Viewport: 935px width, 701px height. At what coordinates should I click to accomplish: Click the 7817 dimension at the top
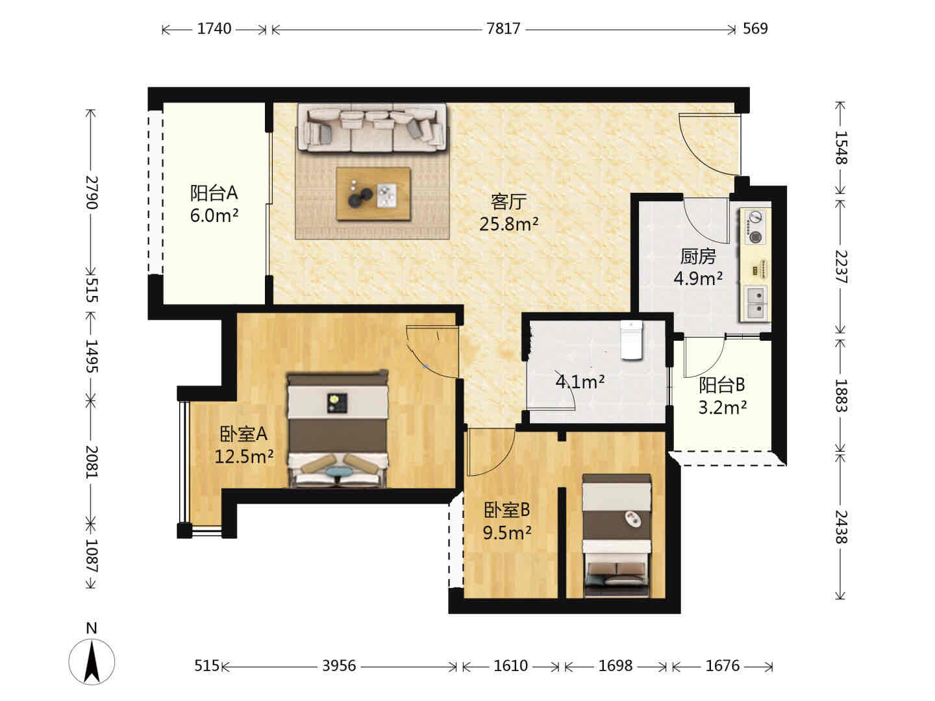click(x=503, y=29)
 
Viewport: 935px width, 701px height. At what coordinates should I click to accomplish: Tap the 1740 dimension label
click(x=214, y=29)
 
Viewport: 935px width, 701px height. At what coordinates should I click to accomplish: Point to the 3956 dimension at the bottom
click(x=339, y=666)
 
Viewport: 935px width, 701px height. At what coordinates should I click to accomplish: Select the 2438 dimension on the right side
click(x=841, y=527)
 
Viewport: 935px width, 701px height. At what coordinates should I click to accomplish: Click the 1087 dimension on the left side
click(x=91, y=556)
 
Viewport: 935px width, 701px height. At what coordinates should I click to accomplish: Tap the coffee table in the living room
click(x=373, y=193)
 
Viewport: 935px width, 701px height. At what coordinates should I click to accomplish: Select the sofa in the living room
click(x=372, y=127)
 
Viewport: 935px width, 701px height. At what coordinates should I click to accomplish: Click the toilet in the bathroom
click(x=631, y=340)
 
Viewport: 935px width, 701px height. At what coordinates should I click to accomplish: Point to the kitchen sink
click(x=756, y=302)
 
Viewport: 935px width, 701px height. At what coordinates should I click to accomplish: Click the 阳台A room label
click(x=214, y=193)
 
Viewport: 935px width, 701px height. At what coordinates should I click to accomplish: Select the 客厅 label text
click(x=508, y=201)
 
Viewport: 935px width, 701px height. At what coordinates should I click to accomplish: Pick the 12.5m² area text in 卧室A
click(x=243, y=457)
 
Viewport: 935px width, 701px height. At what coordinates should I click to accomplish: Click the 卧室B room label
click(x=506, y=510)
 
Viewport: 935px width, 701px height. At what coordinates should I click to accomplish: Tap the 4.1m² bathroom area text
click(x=580, y=382)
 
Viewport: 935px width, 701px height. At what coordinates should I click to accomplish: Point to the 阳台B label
click(x=721, y=385)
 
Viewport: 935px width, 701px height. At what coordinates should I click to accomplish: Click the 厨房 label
click(x=698, y=256)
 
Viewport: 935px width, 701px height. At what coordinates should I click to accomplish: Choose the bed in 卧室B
click(x=616, y=536)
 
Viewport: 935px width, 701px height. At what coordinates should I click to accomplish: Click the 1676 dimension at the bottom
click(x=723, y=666)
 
